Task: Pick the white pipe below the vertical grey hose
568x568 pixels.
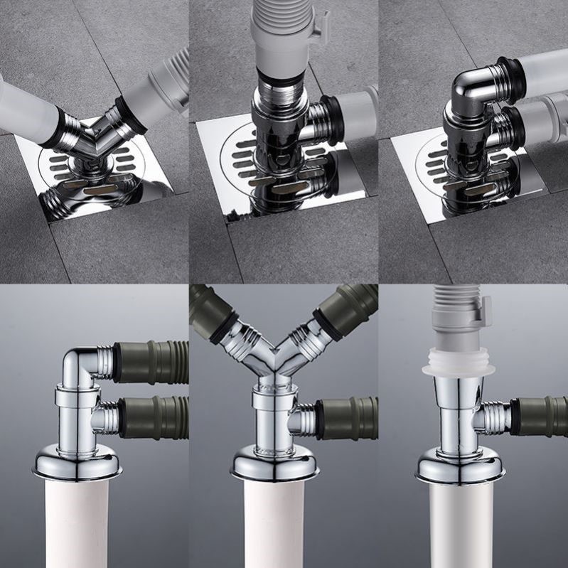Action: (x=458, y=526)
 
